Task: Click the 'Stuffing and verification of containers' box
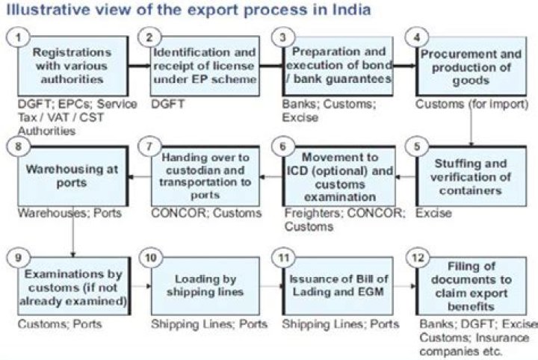click(x=469, y=176)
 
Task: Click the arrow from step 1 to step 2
click(x=140, y=66)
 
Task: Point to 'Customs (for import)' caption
click(x=471, y=105)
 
